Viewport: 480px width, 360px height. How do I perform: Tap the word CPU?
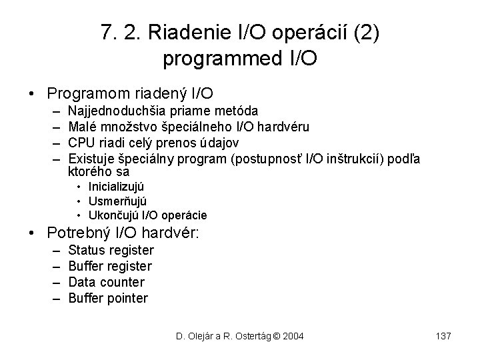[81, 143]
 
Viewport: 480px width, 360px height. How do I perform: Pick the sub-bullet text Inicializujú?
[116, 187]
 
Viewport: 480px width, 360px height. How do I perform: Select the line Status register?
[111, 251]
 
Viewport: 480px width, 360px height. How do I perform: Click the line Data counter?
[106, 282]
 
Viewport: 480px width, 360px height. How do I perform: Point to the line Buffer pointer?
[108, 298]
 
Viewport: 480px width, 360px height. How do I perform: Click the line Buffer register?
[110, 267]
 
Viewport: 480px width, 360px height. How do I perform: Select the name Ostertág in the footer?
[251, 336]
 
